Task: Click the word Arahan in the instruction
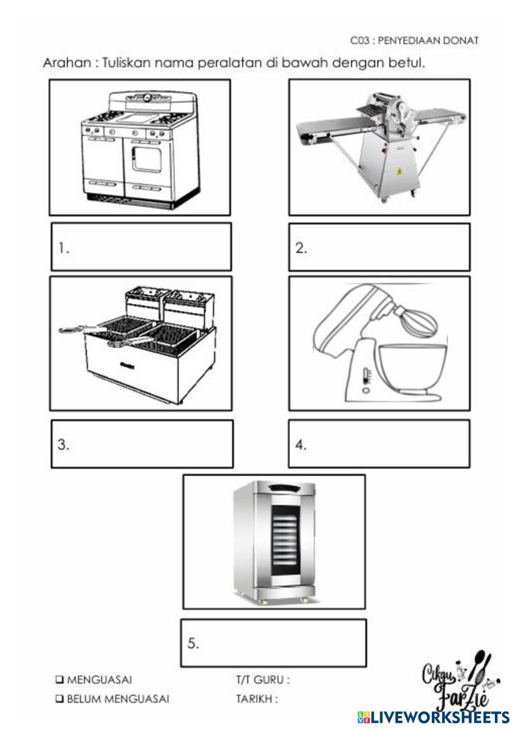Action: [x=67, y=63]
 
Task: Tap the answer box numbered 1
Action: [x=141, y=247]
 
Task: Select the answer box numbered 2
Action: [x=379, y=247]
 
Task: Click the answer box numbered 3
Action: [x=142, y=444]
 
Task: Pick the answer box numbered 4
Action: [x=379, y=444]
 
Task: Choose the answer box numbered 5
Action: [x=273, y=643]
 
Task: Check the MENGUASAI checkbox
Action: [x=60, y=679]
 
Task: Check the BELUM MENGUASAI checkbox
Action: [x=60, y=699]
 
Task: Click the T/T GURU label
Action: [x=262, y=680]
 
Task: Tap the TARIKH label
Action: [x=257, y=699]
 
